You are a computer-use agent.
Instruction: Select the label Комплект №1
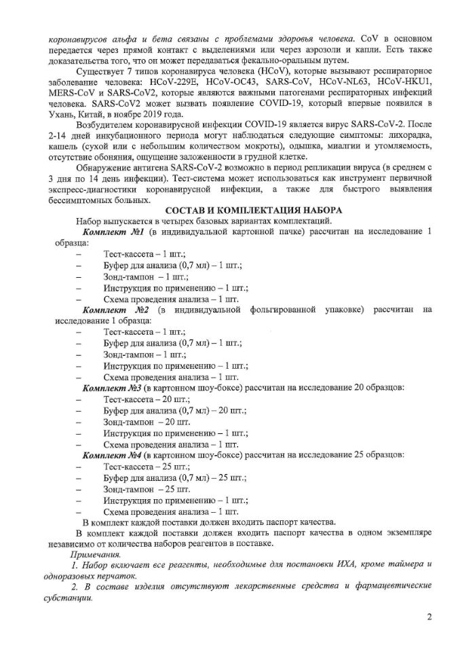pos(111,233)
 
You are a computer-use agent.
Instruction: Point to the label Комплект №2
pos(111,310)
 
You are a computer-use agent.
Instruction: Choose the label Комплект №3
pos(111,387)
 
